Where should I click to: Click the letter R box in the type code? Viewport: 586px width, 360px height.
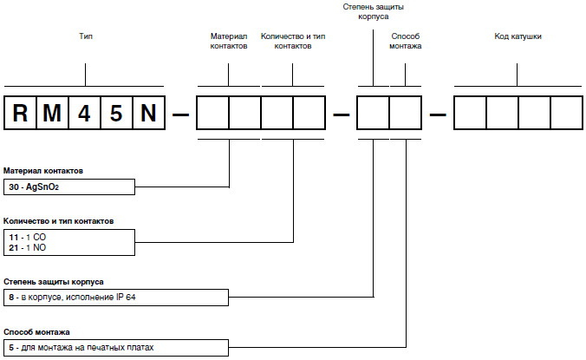(x=21, y=113)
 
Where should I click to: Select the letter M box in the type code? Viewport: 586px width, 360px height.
(x=52, y=113)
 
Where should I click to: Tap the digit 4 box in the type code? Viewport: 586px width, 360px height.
(x=84, y=113)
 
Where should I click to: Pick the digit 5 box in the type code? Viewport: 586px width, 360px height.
(x=115, y=113)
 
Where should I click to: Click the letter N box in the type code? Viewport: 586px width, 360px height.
(x=147, y=113)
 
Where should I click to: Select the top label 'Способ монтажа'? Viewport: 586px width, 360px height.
(x=406, y=42)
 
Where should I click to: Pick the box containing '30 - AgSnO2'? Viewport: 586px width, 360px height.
(x=69, y=187)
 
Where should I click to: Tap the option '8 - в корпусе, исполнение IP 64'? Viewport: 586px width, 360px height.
(x=78, y=298)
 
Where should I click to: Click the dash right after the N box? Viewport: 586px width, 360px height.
(x=180, y=114)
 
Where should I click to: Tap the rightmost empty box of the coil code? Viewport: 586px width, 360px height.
(x=566, y=113)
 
